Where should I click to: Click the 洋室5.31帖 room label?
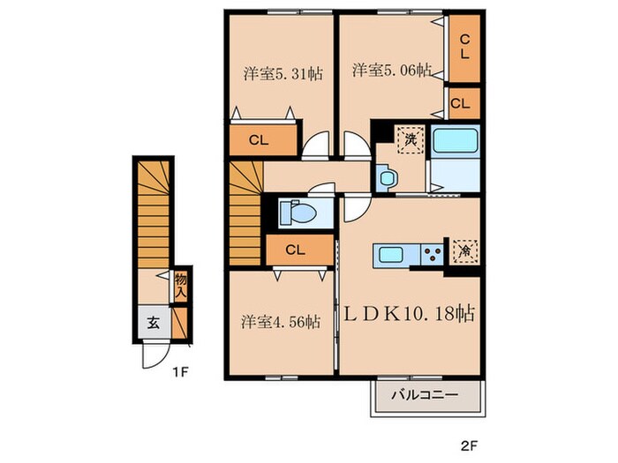[x=283, y=73]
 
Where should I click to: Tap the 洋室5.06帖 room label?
[x=391, y=71]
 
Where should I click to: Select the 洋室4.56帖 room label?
[x=281, y=323]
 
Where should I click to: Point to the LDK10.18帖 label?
[x=410, y=314]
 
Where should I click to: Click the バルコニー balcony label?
[x=425, y=395]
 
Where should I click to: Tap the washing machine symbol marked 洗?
[x=411, y=139]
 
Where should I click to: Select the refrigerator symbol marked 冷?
[x=465, y=250]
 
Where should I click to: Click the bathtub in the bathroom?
[x=456, y=140]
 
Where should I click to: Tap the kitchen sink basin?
[x=390, y=255]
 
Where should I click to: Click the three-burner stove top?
[x=433, y=254]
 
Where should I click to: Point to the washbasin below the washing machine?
[x=387, y=178]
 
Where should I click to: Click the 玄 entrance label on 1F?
[x=154, y=323]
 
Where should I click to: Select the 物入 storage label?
[x=180, y=287]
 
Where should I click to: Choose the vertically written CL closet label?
[x=465, y=47]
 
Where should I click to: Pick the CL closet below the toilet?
[x=296, y=250]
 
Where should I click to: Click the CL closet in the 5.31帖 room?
[x=259, y=139]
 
